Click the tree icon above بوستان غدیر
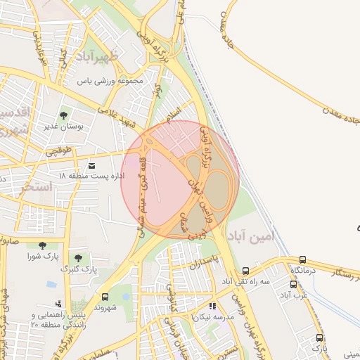point(64,115)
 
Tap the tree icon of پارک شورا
point(43,245)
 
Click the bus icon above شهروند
point(105,297)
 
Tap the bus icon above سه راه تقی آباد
point(245,271)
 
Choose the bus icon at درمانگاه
point(303,259)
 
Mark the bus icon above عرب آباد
point(293,284)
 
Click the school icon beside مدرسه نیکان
point(213,306)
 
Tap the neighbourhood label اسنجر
point(37,187)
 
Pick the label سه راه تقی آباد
point(247,281)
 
